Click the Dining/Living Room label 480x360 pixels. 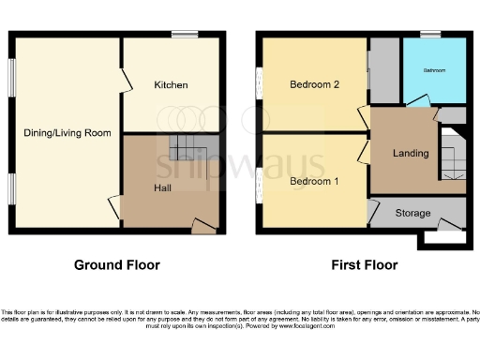[x=67, y=133]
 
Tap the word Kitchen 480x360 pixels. [x=172, y=85]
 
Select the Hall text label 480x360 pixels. [x=162, y=187]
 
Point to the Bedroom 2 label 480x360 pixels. [x=313, y=84]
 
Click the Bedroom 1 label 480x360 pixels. [x=313, y=180]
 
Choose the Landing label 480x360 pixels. [x=411, y=153]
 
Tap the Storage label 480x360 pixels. [x=412, y=214]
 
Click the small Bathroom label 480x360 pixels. [x=434, y=71]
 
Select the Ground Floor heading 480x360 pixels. [x=117, y=265]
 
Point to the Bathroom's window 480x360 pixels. [x=431, y=35]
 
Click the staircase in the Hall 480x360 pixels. [x=188, y=149]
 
